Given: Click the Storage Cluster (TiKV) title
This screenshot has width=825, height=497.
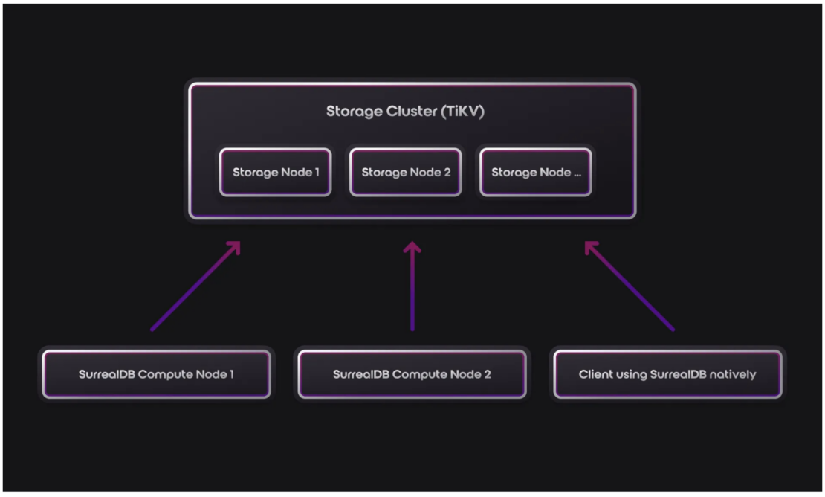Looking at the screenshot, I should pyautogui.click(x=405, y=112).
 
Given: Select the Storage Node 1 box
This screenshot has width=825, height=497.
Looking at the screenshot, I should pyautogui.click(x=275, y=172).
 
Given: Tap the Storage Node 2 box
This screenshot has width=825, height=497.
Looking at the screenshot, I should pyautogui.click(x=406, y=172).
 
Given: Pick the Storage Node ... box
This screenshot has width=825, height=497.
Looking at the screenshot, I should pyautogui.click(x=536, y=172).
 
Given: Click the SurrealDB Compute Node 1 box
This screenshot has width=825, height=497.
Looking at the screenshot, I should pyautogui.click(x=156, y=374).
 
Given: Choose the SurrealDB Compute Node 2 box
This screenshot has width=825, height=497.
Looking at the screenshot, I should pyautogui.click(x=412, y=374).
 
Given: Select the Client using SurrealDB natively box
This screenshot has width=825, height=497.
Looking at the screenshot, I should pyautogui.click(x=667, y=374).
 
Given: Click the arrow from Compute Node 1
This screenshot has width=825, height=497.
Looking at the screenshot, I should pyautogui.click(x=195, y=286).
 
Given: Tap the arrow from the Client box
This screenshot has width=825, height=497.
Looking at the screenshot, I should pyautogui.click(x=630, y=286).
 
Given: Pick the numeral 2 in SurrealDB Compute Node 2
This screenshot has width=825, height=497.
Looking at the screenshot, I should pyautogui.click(x=487, y=374).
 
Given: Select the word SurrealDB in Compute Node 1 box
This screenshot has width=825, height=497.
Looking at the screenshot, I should pyautogui.click(x=106, y=374).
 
